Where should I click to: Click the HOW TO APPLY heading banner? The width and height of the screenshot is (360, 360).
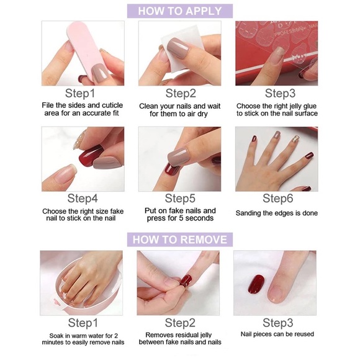(180, 11)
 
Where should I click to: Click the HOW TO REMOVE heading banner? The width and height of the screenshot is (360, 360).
(180, 240)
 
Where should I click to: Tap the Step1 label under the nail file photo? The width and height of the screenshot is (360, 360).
(82, 94)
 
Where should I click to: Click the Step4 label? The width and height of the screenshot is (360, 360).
(83, 199)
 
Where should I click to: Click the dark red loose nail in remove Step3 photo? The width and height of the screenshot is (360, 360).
(256, 286)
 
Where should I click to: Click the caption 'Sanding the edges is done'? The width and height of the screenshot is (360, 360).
(277, 213)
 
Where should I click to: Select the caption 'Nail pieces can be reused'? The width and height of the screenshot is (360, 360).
(277, 334)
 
